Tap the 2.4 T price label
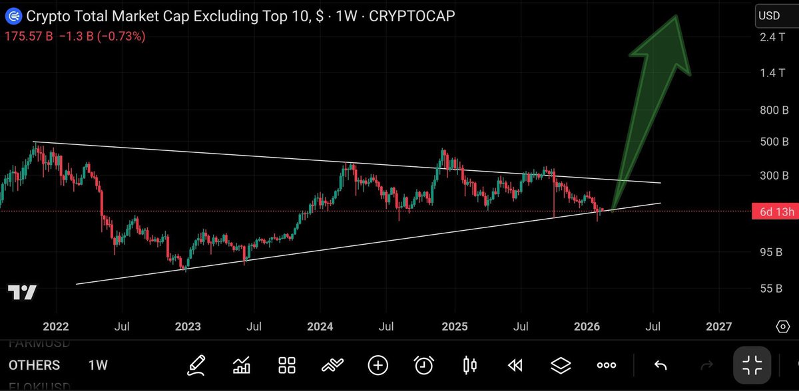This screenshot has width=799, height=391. pyautogui.click(x=772, y=37)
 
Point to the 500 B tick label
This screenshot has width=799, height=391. pyautogui.click(x=774, y=142)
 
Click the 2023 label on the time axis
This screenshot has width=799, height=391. pyautogui.click(x=187, y=326)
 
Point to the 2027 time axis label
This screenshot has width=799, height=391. pyautogui.click(x=719, y=326)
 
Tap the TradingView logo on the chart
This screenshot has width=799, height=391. pyautogui.click(x=22, y=293)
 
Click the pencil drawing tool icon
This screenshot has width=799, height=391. pyautogui.click(x=196, y=364)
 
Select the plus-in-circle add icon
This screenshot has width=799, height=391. pyautogui.click(x=378, y=364)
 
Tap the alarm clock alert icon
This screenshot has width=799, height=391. pyautogui.click(x=423, y=364)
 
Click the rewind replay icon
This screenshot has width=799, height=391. pyautogui.click(x=515, y=364)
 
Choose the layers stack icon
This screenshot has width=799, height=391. pyautogui.click(x=561, y=364)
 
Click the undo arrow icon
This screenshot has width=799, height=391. pyautogui.click(x=660, y=364)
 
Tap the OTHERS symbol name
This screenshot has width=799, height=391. pyautogui.click(x=34, y=365)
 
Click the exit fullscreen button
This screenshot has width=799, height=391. pyautogui.click(x=752, y=364)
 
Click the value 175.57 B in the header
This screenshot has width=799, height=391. pyautogui.click(x=28, y=37)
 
